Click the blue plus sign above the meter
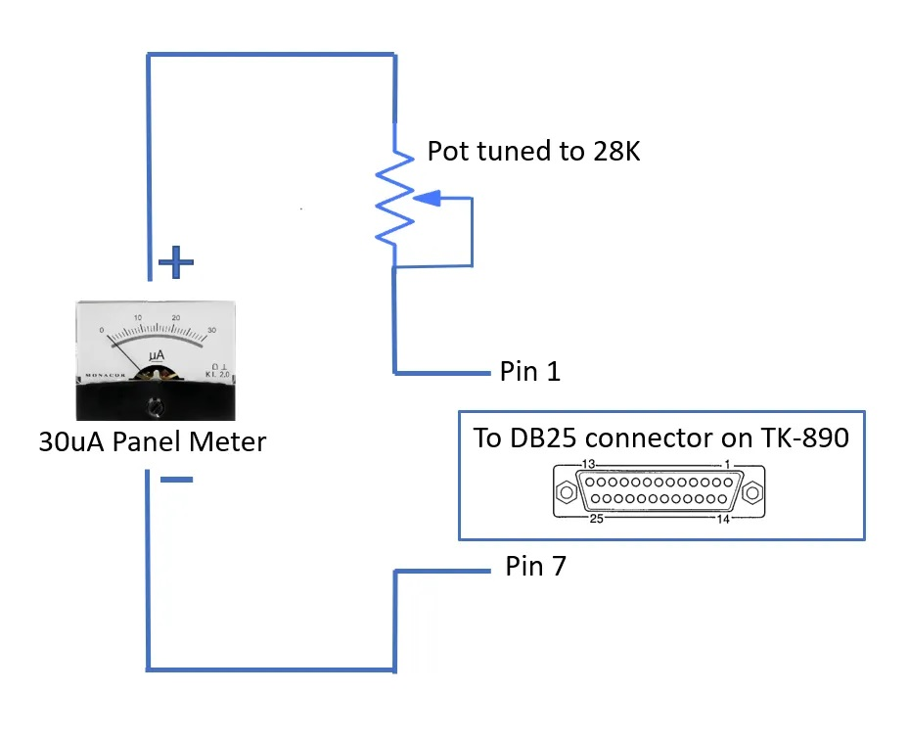pyautogui.click(x=176, y=262)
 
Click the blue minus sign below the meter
pyautogui.click(x=176, y=480)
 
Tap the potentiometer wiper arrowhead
pyautogui.click(x=428, y=199)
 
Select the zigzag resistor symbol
pyautogui.click(x=394, y=197)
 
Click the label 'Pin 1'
pyautogui.click(x=530, y=372)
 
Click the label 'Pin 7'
pyautogui.click(x=535, y=566)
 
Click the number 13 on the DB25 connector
pyautogui.click(x=588, y=464)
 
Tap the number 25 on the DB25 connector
pyautogui.click(x=597, y=519)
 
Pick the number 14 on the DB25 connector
pyautogui.click(x=723, y=519)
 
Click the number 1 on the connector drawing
pyautogui.click(x=728, y=464)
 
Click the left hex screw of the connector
pyautogui.click(x=567, y=492)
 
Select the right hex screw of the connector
pyautogui.click(x=752, y=492)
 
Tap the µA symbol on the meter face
pyautogui.click(x=157, y=355)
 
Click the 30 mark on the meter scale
pyautogui.click(x=211, y=330)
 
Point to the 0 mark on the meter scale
pyautogui.click(x=102, y=330)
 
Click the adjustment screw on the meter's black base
pyautogui.click(x=155, y=407)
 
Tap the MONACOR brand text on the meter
pyautogui.click(x=106, y=375)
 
